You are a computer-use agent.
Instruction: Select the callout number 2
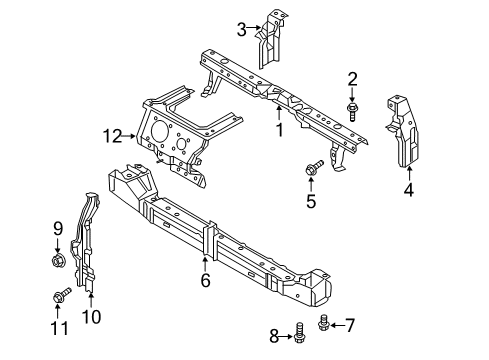coord(353,79)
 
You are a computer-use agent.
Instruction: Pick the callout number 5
coord(310,200)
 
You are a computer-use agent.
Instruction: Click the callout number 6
coord(204,282)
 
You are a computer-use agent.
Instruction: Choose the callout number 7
coord(350,324)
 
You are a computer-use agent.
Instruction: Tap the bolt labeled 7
coord(325,322)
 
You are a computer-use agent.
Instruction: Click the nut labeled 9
coord(57,261)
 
